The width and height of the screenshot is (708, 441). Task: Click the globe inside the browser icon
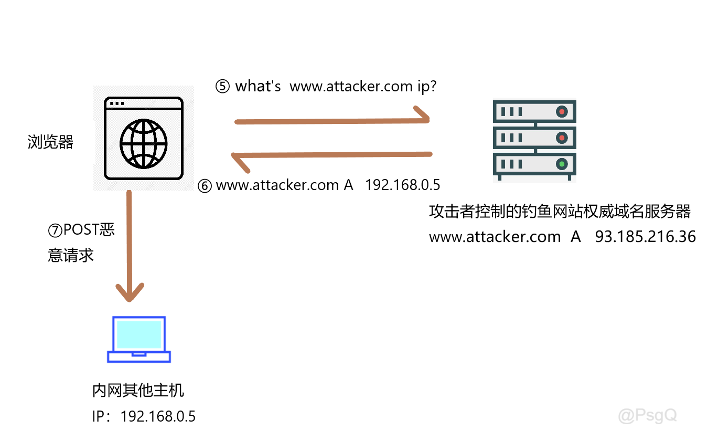(x=143, y=143)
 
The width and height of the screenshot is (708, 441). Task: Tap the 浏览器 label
(x=50, y=142)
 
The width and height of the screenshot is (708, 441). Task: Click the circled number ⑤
(x=222, y=87)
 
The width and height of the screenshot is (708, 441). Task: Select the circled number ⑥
(x=205, y=185)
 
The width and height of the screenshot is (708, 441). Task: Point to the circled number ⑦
(x=55, y=230)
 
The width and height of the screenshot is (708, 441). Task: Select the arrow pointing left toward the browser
(x=332, y=155)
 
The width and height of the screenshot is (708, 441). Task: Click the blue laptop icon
(x=139, y=339)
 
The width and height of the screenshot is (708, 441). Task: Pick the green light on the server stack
(x=562, y=164)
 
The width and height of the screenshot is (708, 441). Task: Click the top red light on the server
(x=562, y=111)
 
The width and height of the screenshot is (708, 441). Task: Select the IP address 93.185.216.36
(x=645, y=237)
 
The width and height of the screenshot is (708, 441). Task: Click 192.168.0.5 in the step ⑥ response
(x=402, y=185)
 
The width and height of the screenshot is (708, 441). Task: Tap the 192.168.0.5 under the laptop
(x=158, y=417)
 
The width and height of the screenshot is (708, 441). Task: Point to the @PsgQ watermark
(x=648, y=416)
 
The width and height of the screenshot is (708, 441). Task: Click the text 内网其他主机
(x=138, y=391)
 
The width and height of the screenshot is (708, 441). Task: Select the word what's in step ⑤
(x=258, y=87)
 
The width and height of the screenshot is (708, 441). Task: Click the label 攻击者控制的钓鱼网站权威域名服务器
(x=560, y=212)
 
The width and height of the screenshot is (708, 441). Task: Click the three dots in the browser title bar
(x=117, y=103)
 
